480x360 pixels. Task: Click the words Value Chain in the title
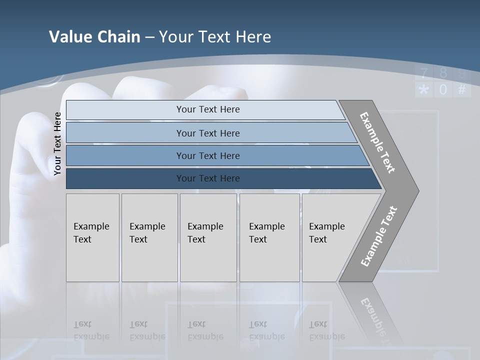pyautogui.click(x=94, y=37)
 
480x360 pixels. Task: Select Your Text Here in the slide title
pyautogui.click(x=215, y=37)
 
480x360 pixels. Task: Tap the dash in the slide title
pyautogui.click(x=149, y=37)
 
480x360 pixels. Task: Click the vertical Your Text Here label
pyautogui.click(x=57, y=144)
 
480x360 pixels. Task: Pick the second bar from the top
pyautogui.click(x=207, y=133)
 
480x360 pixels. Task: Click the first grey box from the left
pyautogui.click(x=92, y=237)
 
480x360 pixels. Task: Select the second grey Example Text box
pyautogui.click(x=149, y=237)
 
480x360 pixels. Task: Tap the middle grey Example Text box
pyautogui.click(x=208, y=237)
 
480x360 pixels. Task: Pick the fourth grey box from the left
pyautogui.click(x=269, y=237)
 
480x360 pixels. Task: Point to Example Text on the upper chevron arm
pyautogui.click(x=377, y=143)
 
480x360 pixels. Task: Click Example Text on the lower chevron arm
pyautogui.click(x=378, y=236)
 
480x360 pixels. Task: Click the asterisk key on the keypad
pyautogui.click(x=424, y=90)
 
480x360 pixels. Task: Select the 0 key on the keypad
pyautogui.click(x=443, y=90)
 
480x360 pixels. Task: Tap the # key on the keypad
pyautogui.click(x=461, y=90)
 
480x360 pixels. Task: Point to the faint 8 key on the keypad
pyautogui.click(x=443, y=73)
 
